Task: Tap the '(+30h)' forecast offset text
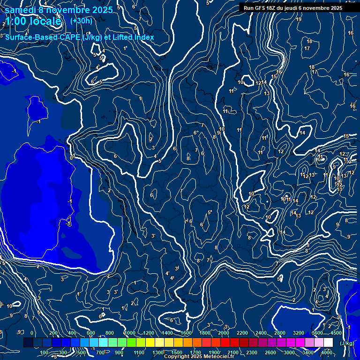click(81, 21)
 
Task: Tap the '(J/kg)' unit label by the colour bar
click(346, 343)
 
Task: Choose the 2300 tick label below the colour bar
click(252, 352)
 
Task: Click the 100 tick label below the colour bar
click(45, 352)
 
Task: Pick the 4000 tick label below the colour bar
click(327, 352)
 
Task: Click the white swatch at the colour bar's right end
click(328, 343)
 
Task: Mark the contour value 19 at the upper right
click(299, 19)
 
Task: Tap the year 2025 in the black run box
click(336, 8)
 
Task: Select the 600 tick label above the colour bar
click(90, 333)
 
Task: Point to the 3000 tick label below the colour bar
click(290, 352)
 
